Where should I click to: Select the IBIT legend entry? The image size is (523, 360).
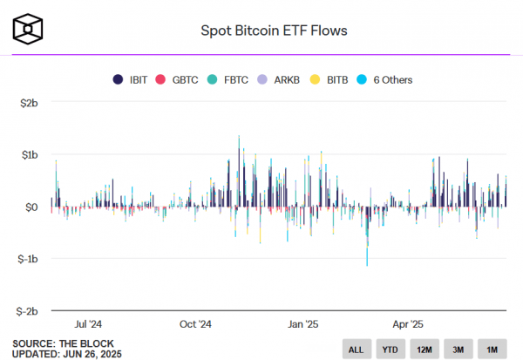pyautogui.click(x=133, y=80)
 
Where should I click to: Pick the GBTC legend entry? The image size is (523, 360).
pyautogui.click(x=179, y=80)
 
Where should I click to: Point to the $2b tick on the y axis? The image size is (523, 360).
pyautogui.click(x=28, y=104)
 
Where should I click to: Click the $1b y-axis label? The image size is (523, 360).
pyautogui.click(x=28, y=155)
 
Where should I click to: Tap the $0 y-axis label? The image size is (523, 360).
pyautogui.click(x=31, y=207)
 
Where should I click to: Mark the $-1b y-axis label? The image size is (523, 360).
pyautogui.click(x=26, y=259)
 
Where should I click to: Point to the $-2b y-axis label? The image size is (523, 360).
pyautogui.click(x=26, y=310)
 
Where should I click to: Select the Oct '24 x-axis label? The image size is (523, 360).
pyautogui.click(x=195, y=323)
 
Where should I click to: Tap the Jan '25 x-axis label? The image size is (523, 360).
pyautogui.click(x=303, y=323)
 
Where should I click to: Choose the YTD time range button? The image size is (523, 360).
pyautogui.click(x=389, y=350)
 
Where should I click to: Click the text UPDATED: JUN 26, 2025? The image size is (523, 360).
pyautogui.click(x=67, y=353)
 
